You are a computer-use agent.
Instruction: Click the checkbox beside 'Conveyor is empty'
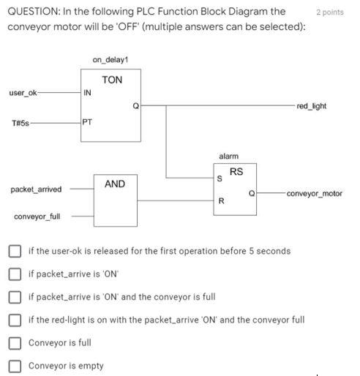pos(15,366)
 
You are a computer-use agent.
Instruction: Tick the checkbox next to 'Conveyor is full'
pos(15,342)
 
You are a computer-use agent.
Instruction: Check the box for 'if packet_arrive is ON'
pos(15,274)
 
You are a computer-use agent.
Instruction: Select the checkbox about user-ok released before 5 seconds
pos(15,251)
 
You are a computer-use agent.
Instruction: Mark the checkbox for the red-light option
pos(15,320)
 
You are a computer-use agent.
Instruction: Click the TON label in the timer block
pos(112,80)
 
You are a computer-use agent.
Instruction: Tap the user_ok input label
pos(23,93)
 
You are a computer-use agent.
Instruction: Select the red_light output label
pos(312,106)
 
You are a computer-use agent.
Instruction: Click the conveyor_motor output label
pos(315,194)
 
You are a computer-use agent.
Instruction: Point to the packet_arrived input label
pos(36,189)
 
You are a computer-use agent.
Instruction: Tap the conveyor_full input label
pos(37,217)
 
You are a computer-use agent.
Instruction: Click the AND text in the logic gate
pos(115,184)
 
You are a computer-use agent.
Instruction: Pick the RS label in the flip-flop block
pos(236,172)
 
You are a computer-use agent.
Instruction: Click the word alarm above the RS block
pos(228,157)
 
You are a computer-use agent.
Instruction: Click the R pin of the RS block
pos(220,200)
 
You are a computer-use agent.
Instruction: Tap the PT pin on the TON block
pos(88,122)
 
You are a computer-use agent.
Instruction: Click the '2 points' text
pos(330,12)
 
